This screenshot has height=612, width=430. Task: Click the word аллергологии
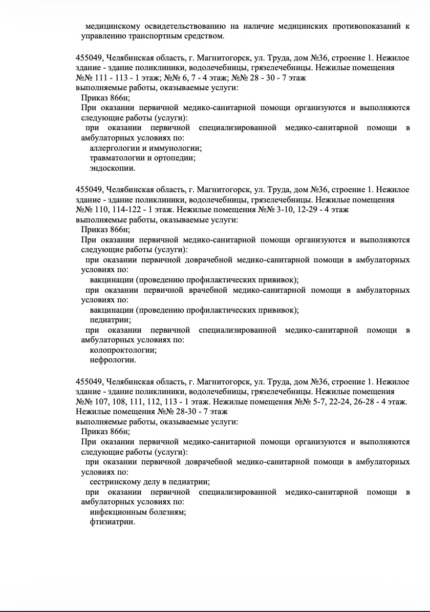click(x=113, y=148)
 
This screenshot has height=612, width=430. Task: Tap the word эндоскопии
click(x=113, y=168)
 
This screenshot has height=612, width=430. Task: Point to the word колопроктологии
click(x=123, y=350)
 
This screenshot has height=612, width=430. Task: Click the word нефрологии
click(x=113, y=360)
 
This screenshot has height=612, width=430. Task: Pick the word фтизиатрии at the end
click(x=112, y=522)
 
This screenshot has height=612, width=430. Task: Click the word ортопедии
click(x=177, y=158)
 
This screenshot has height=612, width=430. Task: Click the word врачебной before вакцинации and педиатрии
click(x=208, y=290)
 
